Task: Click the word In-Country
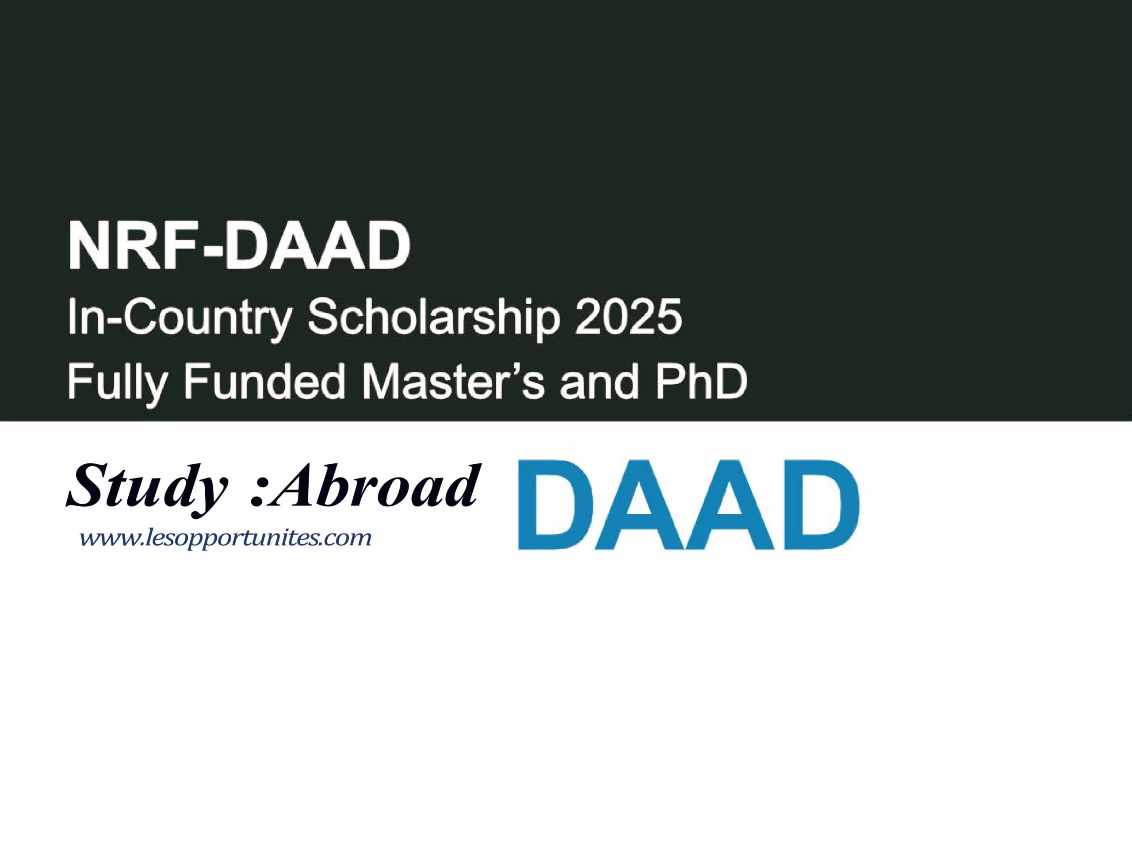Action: coord(179,318)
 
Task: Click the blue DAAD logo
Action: coord(688,505)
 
